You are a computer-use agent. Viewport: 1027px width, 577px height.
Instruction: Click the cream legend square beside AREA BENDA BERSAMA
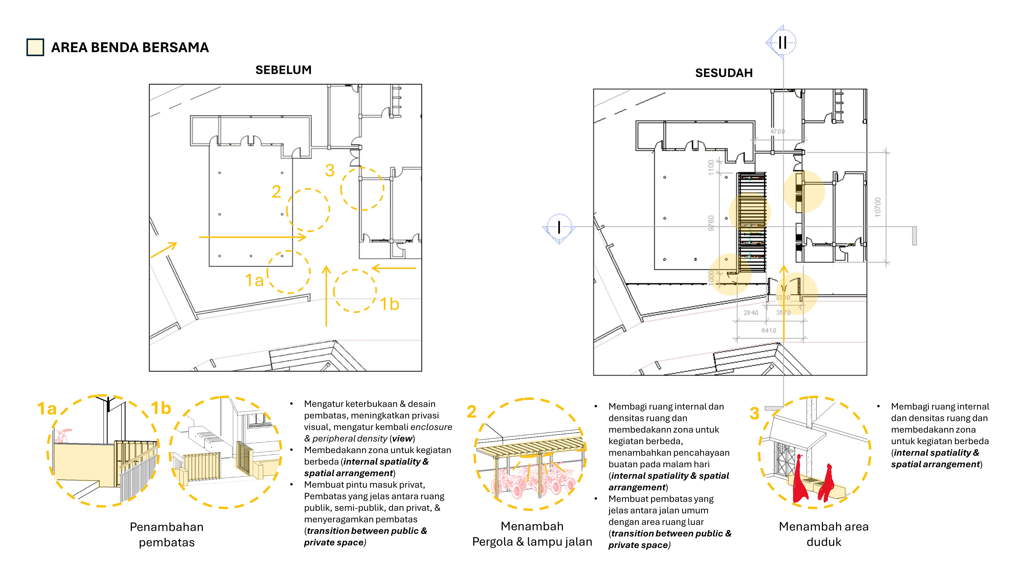pos(35,47)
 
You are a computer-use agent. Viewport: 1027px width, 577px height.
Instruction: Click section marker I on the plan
pos(559,227)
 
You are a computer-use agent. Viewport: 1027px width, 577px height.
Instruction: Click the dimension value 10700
pos(878,207)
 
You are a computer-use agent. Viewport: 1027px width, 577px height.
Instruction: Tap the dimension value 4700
pos(777,131)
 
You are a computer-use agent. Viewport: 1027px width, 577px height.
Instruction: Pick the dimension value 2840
pos(751,313)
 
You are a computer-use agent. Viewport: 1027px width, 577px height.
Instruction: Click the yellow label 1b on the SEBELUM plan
pos(389,304)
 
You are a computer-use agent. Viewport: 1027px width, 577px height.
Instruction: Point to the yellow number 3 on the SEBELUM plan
pos(330,171)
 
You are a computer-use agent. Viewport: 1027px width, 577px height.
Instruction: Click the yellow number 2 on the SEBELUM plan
pos(276,192)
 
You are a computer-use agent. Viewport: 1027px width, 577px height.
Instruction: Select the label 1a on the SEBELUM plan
pos(254,280)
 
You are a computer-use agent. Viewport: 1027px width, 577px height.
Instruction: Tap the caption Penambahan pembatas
pos(167,534)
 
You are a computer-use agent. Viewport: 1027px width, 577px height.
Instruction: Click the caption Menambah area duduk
pos(823,534)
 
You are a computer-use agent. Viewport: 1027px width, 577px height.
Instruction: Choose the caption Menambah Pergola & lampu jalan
pos(532,534)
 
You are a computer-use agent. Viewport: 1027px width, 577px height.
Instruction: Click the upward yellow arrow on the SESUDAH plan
pos(783,303)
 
